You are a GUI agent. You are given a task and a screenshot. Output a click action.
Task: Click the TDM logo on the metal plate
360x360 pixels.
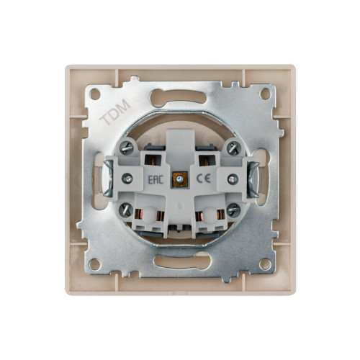(x=115, y=112)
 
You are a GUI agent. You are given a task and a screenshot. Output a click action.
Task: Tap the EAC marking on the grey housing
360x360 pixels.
(x=156, y=179)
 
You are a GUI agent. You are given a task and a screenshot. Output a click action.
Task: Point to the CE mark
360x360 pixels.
(x=204, y=179)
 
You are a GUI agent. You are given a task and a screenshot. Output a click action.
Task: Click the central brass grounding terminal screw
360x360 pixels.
(x=179, y=179)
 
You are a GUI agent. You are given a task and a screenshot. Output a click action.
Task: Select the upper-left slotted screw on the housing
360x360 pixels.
(x=126, y=147)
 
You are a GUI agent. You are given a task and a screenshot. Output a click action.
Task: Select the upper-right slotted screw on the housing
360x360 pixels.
(x=233, y=147)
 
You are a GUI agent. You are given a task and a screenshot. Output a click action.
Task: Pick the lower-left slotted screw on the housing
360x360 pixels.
(x=126, y=210)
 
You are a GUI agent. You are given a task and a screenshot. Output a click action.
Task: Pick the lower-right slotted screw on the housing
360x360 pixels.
(x=233, y=210)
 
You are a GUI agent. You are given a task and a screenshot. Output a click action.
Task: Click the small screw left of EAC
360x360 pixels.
(x=127, y=179)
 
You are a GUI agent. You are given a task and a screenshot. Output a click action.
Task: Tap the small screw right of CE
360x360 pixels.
(x=233, y=179)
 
